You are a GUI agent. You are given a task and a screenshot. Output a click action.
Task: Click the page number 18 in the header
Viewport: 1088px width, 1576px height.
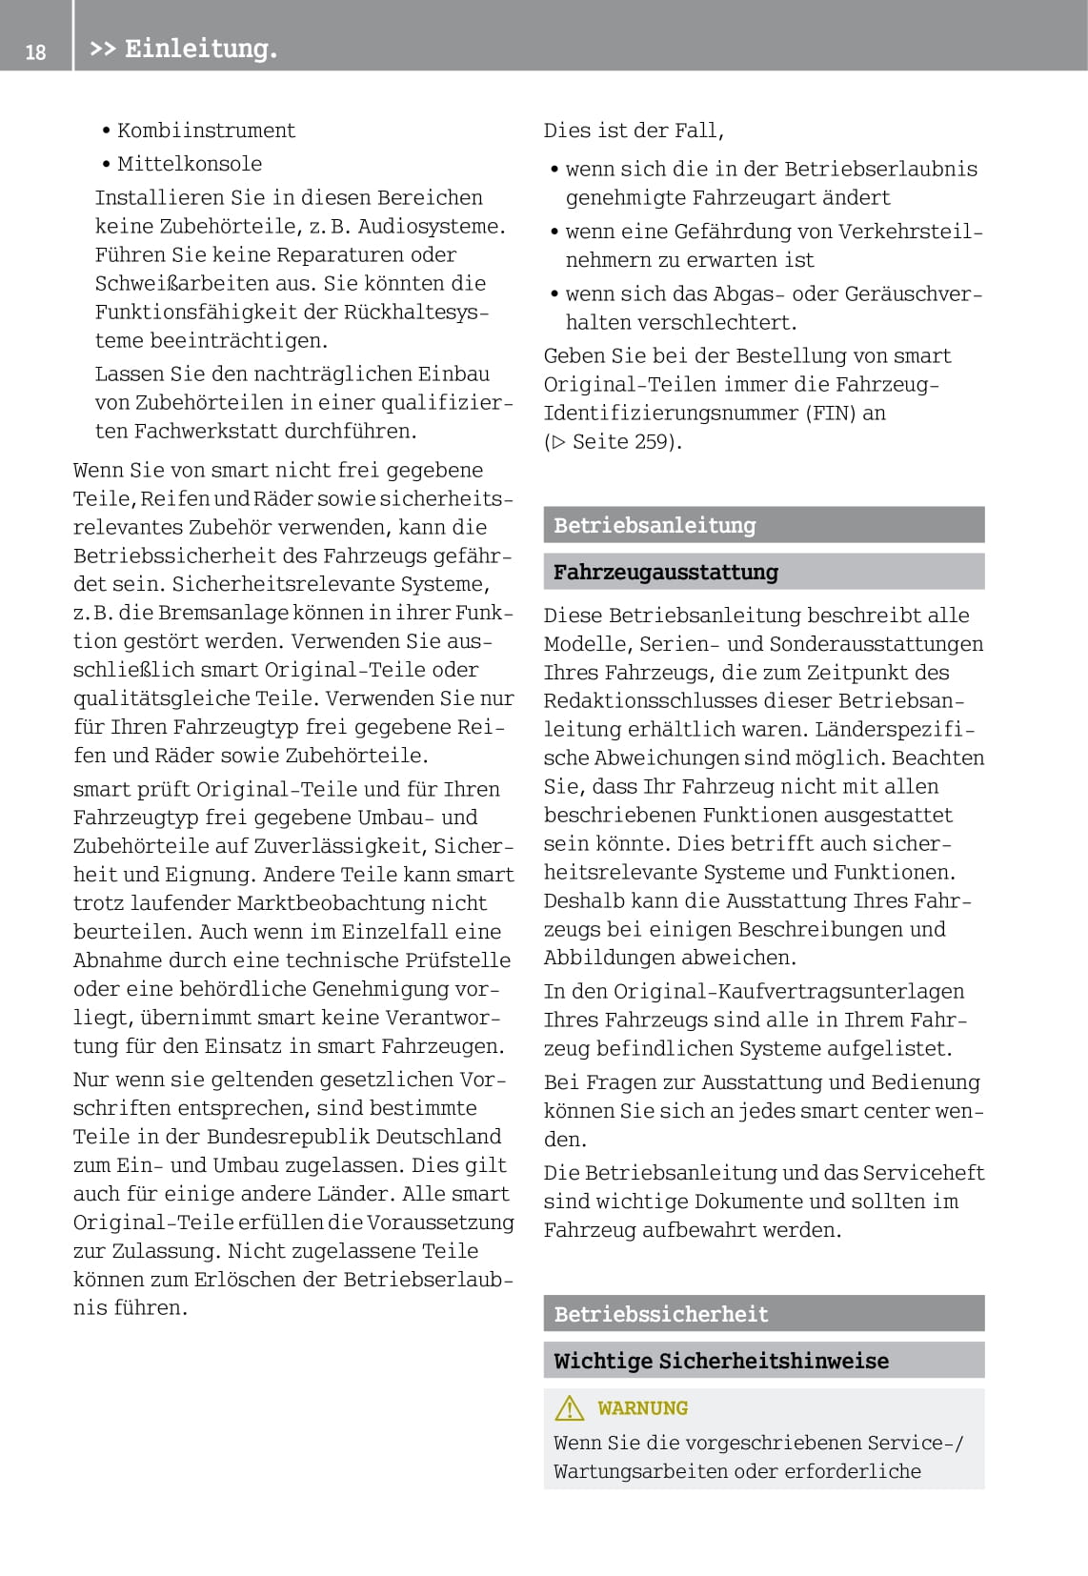click(35, 51)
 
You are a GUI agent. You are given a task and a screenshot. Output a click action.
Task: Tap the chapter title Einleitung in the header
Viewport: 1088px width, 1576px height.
click(200, 49)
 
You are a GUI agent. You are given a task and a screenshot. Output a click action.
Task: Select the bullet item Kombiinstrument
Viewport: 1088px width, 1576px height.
click(206, 131)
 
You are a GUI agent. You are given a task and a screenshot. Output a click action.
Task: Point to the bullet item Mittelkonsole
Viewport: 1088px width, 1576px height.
click(189, 164)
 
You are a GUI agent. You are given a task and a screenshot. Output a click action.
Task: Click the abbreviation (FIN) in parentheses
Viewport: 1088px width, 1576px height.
click(831, 413)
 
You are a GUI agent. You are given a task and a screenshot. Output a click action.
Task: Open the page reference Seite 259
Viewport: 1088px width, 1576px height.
click(624, 441)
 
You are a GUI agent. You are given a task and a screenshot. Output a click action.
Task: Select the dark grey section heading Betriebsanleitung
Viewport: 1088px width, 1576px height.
click(655, 525)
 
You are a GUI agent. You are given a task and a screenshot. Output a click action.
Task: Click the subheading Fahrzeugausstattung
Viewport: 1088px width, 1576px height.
click(665, 572)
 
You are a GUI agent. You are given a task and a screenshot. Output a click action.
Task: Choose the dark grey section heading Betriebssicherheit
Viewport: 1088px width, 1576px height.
click(660, 1314)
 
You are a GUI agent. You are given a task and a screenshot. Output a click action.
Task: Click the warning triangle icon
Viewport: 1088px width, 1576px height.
click(570, 1407)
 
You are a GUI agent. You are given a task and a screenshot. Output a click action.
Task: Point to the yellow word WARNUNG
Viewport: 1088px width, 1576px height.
click(642, 1407)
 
